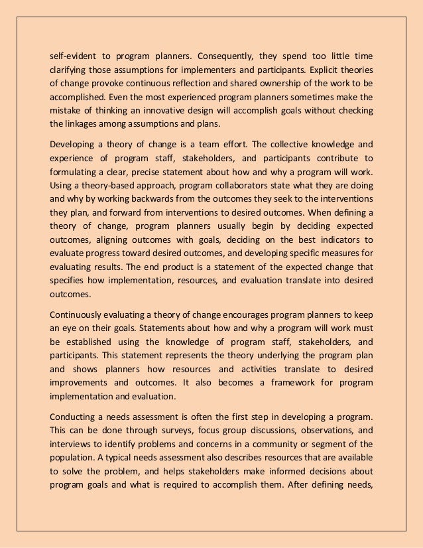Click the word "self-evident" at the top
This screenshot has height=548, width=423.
point(72,54)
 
